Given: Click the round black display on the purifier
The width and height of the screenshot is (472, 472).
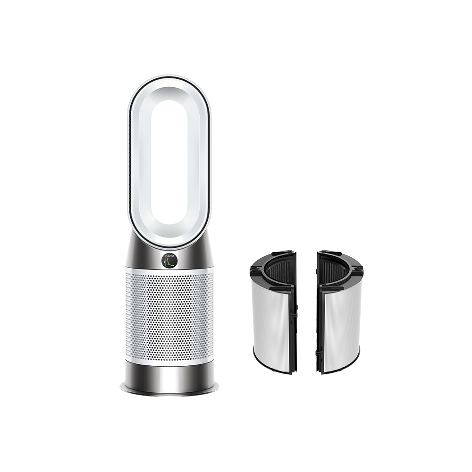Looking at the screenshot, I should (x=169, y=260).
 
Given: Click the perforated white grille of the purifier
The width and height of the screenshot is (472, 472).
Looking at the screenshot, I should (x=169, y=316).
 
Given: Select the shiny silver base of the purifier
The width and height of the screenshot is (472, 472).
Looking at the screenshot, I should (x=169, y=375).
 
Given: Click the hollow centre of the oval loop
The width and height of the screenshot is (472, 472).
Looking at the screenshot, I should (x=169, y=160).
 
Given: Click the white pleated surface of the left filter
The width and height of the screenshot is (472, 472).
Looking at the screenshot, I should (x=271, y=321).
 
